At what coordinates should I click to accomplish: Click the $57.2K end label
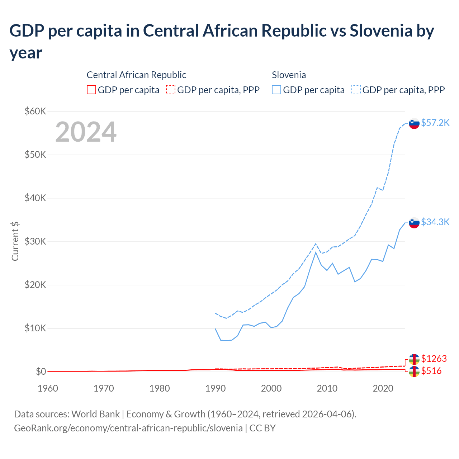coord(435,123)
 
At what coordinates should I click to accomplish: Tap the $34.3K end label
coord(435,222)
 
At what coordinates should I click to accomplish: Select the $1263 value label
coord(434,359)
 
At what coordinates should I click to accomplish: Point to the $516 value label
coord(431,371)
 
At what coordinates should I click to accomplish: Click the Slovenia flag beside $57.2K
coord(414,123)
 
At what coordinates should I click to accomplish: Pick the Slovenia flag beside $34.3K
coord(414,223)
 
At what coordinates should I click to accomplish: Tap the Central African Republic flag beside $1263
coord(414,359)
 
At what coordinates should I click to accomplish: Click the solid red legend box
coord(91,90)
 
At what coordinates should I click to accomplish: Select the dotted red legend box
coord(171,90)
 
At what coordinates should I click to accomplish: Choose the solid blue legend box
coord(276,90)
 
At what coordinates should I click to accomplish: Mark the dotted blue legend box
coord(356,90)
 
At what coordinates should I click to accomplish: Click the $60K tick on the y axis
coord(36,111)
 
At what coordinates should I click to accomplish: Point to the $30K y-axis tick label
coord(36,241)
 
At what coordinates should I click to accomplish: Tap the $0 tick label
coord(41,372)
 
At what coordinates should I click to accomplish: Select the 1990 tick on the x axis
coord(215,388)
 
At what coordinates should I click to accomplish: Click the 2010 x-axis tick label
coord(327,388)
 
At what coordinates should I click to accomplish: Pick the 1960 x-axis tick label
coord(48,388)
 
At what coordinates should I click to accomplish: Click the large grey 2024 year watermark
coord(86,132)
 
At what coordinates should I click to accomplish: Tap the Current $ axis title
coord(15,241)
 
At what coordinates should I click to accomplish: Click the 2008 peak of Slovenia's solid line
coord(316,252)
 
